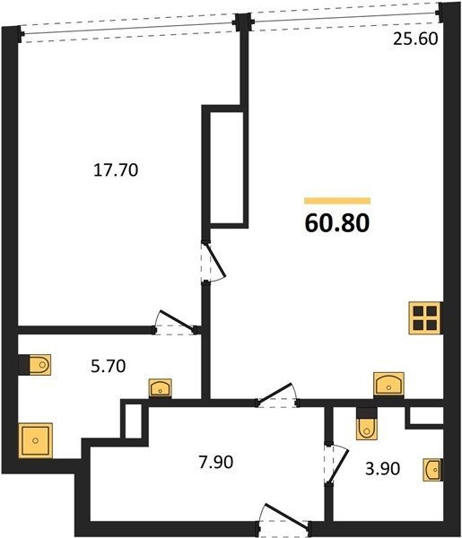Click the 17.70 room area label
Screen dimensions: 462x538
(116, 169)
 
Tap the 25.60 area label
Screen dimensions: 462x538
(415, 39)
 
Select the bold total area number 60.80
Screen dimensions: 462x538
(337, 223)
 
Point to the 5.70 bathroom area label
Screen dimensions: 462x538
(109, 366)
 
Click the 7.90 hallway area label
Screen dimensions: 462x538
(216, 462)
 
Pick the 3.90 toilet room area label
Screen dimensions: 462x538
(383, 469)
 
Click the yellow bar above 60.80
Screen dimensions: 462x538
(337, 201)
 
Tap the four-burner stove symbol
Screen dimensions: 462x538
(425, 317)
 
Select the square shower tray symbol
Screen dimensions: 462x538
(36, 440)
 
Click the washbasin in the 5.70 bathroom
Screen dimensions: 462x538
(161, 388)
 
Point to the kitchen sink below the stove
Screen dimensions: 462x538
(388, 385)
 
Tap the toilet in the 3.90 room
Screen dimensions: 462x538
(367, 424)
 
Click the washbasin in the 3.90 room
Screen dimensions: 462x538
(433, 470)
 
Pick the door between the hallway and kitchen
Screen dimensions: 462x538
(277, 395)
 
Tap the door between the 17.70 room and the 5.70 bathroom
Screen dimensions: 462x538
(175, 323)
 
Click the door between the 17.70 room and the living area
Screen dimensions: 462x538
(214, 263)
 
